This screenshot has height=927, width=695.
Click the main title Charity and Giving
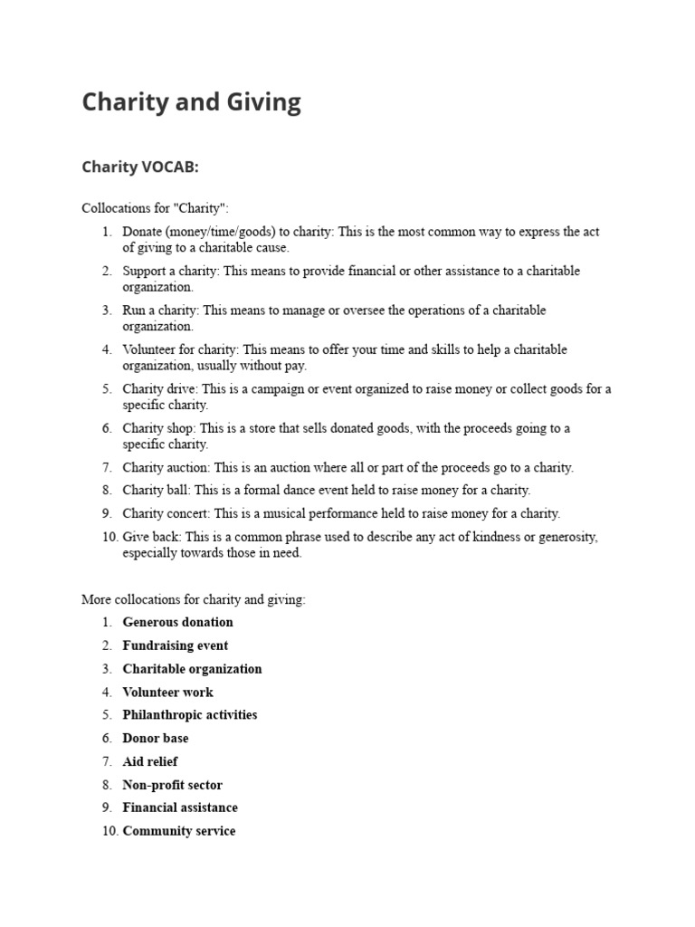(x=191, y=102)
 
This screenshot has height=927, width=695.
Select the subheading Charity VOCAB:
(x=139, y=167)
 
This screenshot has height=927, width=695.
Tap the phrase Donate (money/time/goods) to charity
(x=227, y=232)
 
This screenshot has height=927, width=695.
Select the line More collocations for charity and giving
(x=193, y=599)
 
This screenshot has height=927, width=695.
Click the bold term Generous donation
(x=177, y=622)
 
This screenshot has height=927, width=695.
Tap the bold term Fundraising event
(x=175, y=645)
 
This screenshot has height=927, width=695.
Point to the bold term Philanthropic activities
(x=189, y=715)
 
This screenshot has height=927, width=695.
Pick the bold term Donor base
(x=155, y=739)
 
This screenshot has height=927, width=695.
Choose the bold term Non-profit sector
(x=172, y=785)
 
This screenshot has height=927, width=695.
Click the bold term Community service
(x=178, y=831)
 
